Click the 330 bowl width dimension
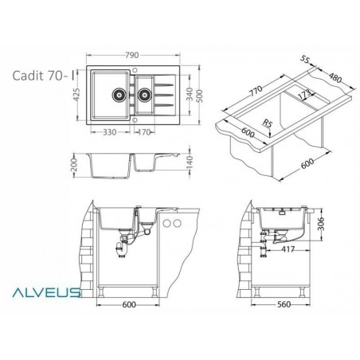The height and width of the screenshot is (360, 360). point(112,133)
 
